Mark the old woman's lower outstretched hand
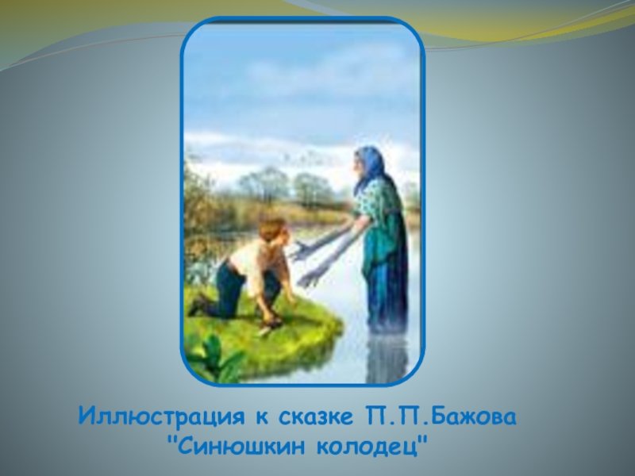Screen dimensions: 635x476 pos(310,279)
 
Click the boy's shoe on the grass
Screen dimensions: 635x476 pos(199,305)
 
